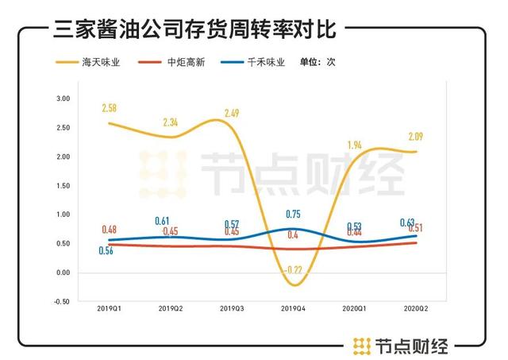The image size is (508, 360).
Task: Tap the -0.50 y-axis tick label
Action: pos(62,302)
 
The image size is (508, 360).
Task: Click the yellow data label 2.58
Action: pos(110,107)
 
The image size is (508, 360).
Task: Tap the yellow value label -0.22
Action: pos(296,269)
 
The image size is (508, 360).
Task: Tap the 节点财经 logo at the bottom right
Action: pos(401,346)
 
